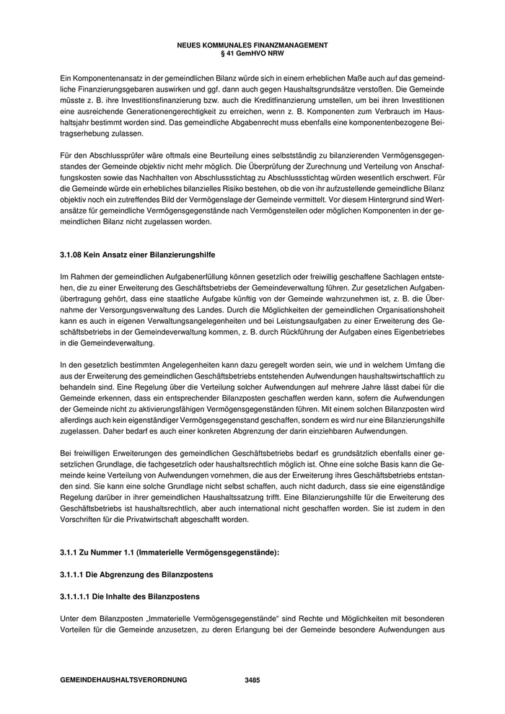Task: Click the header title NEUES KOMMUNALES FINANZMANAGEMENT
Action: coord(252,45)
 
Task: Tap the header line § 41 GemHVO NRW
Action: coord(252,52)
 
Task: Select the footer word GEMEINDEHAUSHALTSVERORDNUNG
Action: coord(123,679)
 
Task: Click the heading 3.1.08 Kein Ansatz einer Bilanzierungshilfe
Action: coord(137,255)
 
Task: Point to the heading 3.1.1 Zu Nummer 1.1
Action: coord(169,552)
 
